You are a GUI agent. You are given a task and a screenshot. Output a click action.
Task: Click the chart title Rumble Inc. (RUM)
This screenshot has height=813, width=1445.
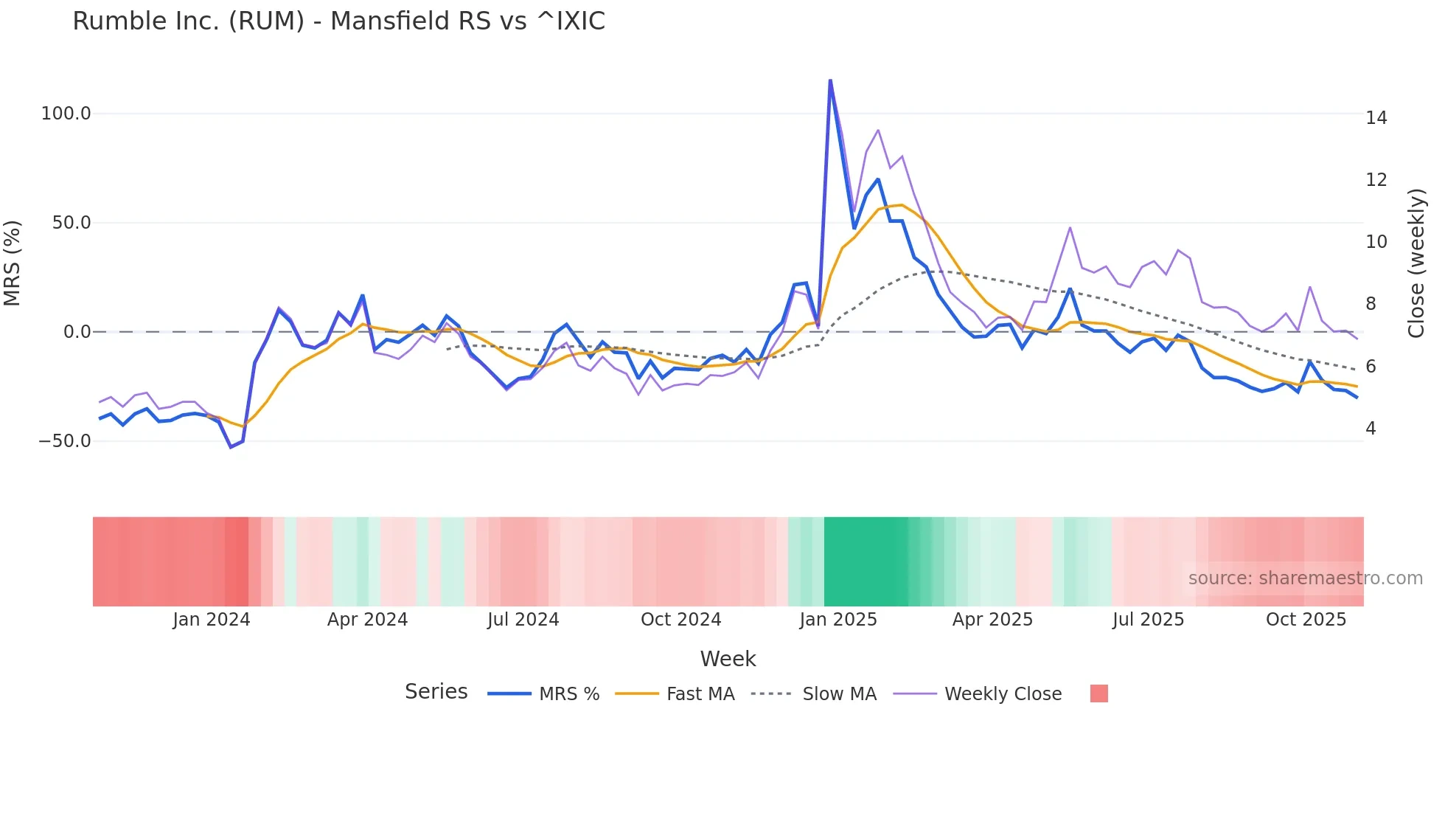pyautogui.click(x=338, y=21)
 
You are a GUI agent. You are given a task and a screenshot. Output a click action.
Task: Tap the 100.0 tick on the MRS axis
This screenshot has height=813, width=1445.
pyautogui.click(x=66, y=114)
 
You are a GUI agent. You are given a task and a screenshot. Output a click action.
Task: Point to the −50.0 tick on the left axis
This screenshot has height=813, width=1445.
pyautogui.click(x=64, y=441)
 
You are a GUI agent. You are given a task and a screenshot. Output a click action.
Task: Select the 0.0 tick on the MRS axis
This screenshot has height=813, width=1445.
pyautogui.click(x=77, y=332)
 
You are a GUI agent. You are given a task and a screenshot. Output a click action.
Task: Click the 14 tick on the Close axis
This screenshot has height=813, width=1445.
pyautogui.click(x=1376, y=118)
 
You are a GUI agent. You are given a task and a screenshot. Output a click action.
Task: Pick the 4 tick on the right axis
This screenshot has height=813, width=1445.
pyautogui.click(x=1371, y=429)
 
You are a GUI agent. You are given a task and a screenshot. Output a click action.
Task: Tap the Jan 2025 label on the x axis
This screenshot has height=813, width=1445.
pyautogui.click(x=838, y=620)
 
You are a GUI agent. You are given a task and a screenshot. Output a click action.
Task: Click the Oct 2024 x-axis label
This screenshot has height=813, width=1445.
pyautogui.click(x=680, y=620)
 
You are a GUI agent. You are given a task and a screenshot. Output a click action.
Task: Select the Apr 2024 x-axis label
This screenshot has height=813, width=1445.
pyautogui.click(x=367, y=620)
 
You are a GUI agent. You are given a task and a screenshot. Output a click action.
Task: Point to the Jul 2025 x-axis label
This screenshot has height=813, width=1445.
pyautogui.click(x=1148, y=620)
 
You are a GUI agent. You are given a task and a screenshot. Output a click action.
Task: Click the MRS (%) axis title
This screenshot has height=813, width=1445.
pyautogui.click(x=13, y=263)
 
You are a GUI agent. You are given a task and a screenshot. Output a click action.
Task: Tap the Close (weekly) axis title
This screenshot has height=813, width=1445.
pyautogui.click(x=1416, y=263)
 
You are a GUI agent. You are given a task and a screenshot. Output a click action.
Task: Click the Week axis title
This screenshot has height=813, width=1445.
pyautogui.click(x=728, y=659)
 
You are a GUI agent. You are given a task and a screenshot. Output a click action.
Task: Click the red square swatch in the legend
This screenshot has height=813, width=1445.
pyautogui.click(x=1098, y=693)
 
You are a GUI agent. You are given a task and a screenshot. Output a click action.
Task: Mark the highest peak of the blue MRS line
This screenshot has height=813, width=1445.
pyautogui.click(x=830, y=80)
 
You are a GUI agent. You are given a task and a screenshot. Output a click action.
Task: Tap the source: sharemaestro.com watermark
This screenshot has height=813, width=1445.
pyautogui.click(x=1305, y=578)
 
